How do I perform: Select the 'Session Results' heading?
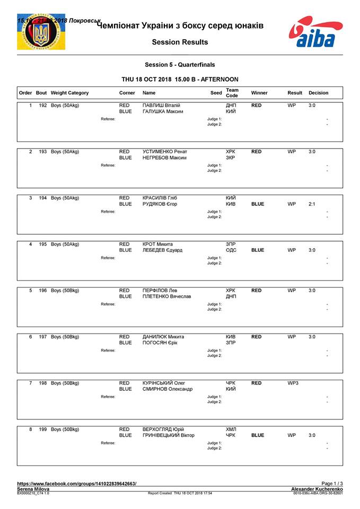click(x=180, y=42)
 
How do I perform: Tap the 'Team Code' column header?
click(x=232, y=93)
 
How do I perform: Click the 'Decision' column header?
click(x=318, y=93)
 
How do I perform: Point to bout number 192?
click(x=41, y=106)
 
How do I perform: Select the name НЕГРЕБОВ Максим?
click(x=164, y=158)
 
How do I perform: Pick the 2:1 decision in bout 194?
click(x=313, y=204)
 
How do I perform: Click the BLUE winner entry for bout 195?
click(x=258, y=250)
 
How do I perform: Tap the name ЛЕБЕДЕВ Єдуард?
click(x=163, y=250)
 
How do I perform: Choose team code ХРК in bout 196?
click(x=231, y=291)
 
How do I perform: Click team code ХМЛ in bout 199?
click(x=231, y=429)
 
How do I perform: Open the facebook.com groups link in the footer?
click(x=77, y=484)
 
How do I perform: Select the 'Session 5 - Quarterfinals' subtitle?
click(x=180, y=65)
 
